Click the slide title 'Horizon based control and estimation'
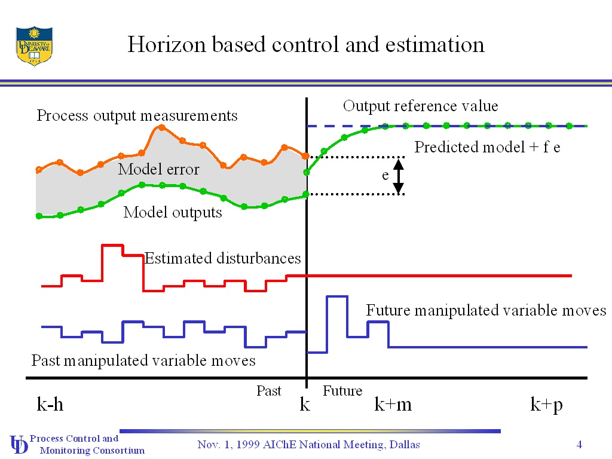coord(305,45)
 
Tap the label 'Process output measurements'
coord(137,115)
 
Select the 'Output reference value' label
coord(420,106)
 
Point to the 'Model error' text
coord(158,169)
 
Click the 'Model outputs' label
coord(173,212)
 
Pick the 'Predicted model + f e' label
coord(487,147)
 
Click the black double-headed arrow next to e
coord(399,175)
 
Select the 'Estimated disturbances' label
coord(222,258)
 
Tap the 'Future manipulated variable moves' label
coord(486,310)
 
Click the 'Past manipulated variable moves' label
coord(143,360)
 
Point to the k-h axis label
coord(50,405)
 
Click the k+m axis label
coord(393,405)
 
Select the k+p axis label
coord(546,405)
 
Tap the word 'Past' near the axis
coord(268,391)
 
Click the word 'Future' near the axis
coord(342,391)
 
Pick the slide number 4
coord(579,444)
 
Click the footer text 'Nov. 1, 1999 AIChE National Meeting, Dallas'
coord(308,444)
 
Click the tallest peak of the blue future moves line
coord(336,296)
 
